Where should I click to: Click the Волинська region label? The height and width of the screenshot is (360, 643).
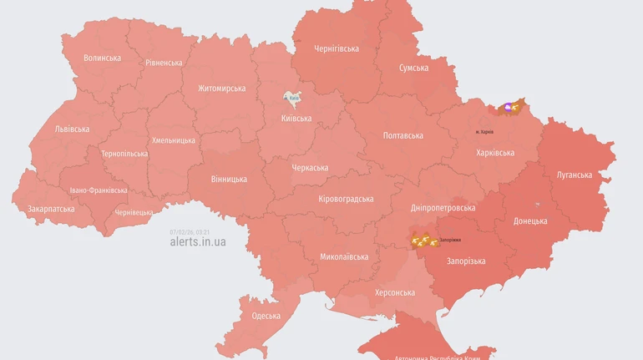102,58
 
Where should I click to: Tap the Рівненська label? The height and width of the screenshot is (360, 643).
164,63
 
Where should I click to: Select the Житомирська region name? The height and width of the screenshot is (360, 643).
221,88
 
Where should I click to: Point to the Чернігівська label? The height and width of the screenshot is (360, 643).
337,48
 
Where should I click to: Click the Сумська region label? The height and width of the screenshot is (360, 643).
413,68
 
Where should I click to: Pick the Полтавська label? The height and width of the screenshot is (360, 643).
403,135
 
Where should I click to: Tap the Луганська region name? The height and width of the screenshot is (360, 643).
574,175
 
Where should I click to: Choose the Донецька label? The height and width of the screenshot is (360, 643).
530,221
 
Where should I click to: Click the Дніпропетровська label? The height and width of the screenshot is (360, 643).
443,207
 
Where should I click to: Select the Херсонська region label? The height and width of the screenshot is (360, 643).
395,292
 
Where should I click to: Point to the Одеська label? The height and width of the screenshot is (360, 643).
266,315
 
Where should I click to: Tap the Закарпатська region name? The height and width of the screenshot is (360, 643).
51,209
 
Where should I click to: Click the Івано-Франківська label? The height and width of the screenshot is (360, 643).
99,190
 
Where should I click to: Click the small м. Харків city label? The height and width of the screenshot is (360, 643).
490,132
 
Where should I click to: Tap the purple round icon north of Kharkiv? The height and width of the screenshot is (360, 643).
507,108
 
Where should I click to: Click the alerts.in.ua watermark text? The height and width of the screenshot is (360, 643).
197,241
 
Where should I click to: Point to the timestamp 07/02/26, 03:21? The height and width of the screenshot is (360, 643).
190,231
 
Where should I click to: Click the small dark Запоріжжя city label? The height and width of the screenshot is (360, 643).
450,241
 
